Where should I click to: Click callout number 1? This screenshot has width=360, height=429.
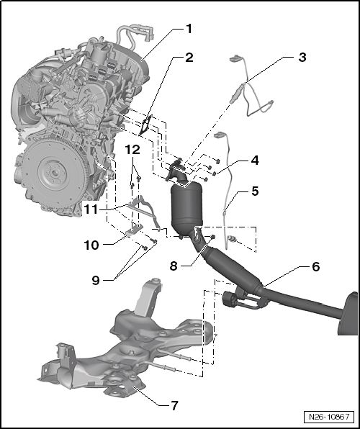click(x=189, y=30)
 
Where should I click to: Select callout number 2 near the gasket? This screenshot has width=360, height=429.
click(x=189, y=58)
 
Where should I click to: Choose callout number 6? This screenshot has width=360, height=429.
click(x=315, y=266)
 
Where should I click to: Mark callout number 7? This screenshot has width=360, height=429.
click(x=174, y=406)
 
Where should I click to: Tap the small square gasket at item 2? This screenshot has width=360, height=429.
click(x=146, y=125)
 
